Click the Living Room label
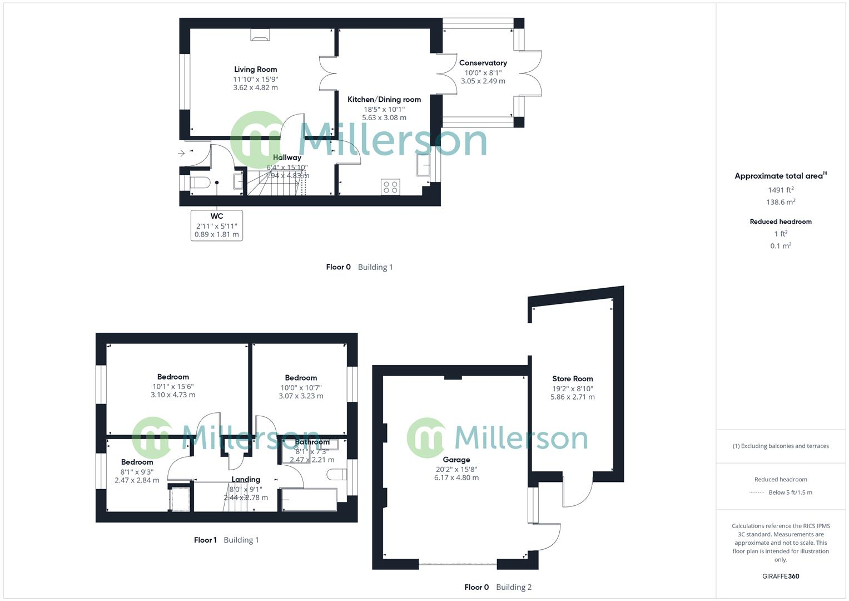tap(255, 70)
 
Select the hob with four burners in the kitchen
tap(390, 186)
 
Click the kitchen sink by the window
tap(423, 165)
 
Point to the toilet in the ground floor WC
tap(198, 183)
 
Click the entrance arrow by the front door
tap(181, 153)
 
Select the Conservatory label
tap(483, 63)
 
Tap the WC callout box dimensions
tap(216, 230)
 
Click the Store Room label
tap(572, 379)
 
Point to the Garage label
tap(456, 460)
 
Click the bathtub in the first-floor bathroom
tap(309, 500)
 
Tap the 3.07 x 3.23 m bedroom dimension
tap(301, 396)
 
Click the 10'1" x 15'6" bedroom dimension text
tap(173, 386)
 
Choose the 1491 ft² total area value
tap(781, 190)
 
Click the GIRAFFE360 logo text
tap(781, 577)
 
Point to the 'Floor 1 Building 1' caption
tap(226, 540)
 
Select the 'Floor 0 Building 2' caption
tap(498, 587)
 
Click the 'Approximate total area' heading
tap(780, 176)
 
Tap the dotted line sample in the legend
tap(757, 492)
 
